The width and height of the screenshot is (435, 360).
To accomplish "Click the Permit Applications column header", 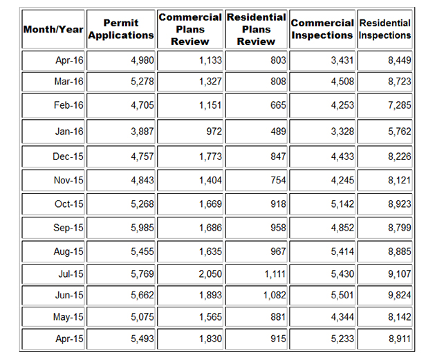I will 121,29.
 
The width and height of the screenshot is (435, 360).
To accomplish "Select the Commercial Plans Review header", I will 190,28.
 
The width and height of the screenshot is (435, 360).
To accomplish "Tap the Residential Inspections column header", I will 385,29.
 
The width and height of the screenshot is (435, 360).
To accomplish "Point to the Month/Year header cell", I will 53,30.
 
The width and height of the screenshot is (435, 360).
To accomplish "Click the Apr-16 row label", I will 69,61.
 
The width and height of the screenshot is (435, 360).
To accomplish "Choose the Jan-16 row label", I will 69,132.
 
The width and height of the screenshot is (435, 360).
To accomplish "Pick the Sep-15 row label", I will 69,228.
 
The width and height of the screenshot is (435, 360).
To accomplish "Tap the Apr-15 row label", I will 69,340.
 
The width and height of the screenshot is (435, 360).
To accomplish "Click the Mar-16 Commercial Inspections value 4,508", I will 340,82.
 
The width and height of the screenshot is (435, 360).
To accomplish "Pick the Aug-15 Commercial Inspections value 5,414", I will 340,251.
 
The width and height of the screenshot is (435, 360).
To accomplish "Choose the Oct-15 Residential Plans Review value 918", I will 277,204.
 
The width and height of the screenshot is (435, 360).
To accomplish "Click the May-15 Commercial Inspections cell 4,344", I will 340,318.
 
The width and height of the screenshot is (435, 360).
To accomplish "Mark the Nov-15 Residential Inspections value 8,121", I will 398,181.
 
